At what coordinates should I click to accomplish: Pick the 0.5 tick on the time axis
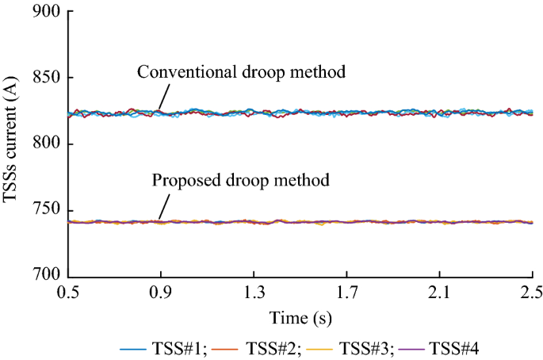(68, 293)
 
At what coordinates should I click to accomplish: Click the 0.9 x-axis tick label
(161, 293)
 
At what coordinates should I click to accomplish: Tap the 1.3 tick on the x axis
(254, 293)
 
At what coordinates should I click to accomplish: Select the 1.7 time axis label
(346, 293)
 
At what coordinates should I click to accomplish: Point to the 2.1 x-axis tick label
(439, 293)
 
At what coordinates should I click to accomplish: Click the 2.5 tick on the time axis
(532, 293)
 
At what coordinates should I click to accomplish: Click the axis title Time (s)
(300, 318)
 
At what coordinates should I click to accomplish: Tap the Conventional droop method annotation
(242, 72)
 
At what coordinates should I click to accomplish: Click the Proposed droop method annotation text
(239, 181)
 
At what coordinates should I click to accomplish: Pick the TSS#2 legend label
(271, 347)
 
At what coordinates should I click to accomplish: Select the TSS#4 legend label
(453, 347)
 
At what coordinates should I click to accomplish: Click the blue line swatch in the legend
(132, 348)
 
